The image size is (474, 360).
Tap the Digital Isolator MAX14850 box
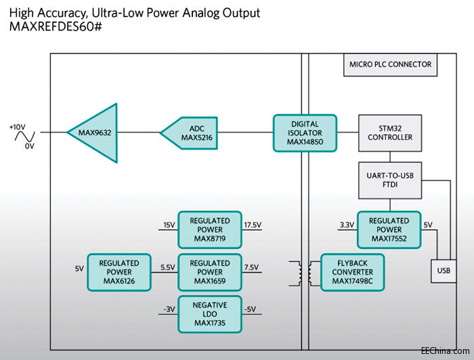[x=304, y=133]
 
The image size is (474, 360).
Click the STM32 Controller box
[x=389, y=133]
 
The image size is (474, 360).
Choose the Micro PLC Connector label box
[x=389, y=65]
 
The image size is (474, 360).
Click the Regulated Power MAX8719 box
[x=209, y=229]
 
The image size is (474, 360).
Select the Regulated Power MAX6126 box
[x=119, y=272]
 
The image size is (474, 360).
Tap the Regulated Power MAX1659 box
[x=209, y=272]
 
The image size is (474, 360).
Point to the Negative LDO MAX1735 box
[x=209, y=314]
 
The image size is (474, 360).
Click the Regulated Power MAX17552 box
[x=389, y=229]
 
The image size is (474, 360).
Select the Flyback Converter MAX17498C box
[x=351, y=272]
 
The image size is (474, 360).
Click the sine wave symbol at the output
[x=23, y=136]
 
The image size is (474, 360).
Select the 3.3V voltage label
[x=345, y=225]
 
